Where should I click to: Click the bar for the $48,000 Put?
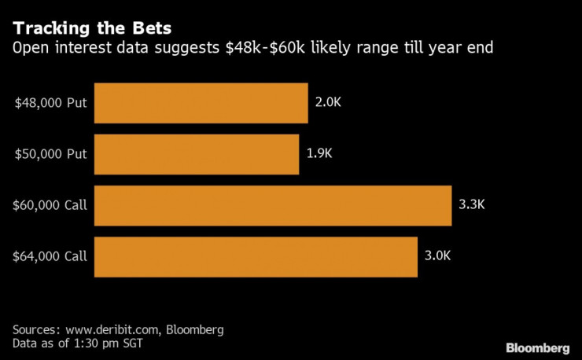point(201,103)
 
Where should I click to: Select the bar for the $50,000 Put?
point(197,154)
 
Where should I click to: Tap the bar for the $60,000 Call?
point(272,206)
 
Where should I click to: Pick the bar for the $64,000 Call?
point(256,256)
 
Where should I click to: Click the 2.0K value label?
point(328,103)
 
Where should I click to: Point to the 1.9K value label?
point(319,154)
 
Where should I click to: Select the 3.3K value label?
point(472,206)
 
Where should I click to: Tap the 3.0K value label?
point(438,256)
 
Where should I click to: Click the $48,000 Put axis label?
point(50,104)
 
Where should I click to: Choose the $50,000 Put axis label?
point(50,155)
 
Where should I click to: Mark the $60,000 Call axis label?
point(50,206)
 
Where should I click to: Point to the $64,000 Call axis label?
point(50,257)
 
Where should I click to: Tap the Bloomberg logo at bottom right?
point(537,347)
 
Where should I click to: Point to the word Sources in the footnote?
point(35,329)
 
